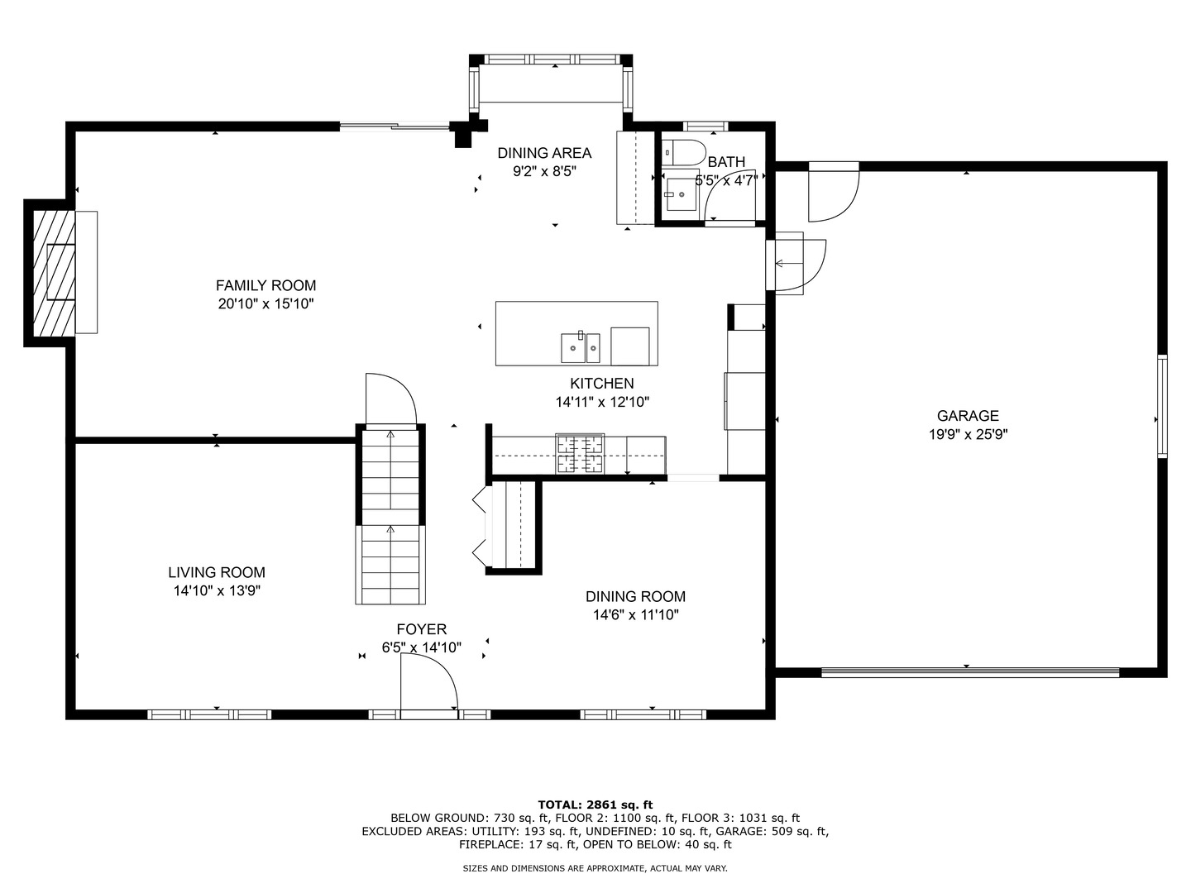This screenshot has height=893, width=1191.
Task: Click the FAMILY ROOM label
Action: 265,286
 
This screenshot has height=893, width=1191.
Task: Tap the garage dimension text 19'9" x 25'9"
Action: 968,434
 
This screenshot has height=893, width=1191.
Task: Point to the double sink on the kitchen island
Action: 581,347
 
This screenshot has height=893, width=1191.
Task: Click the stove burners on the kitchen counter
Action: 580,454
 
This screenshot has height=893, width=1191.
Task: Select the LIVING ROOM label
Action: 217,572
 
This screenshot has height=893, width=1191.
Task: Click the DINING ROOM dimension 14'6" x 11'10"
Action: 635,614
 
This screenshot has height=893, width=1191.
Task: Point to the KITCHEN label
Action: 601,383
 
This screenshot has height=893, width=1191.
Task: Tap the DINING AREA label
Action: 543,153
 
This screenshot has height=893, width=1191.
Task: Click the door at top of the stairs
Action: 390,399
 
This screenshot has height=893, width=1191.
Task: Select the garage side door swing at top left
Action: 833,193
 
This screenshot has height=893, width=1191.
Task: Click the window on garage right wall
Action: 1162,405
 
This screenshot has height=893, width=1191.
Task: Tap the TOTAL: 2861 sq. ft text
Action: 595,804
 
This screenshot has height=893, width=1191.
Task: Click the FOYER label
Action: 421,629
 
